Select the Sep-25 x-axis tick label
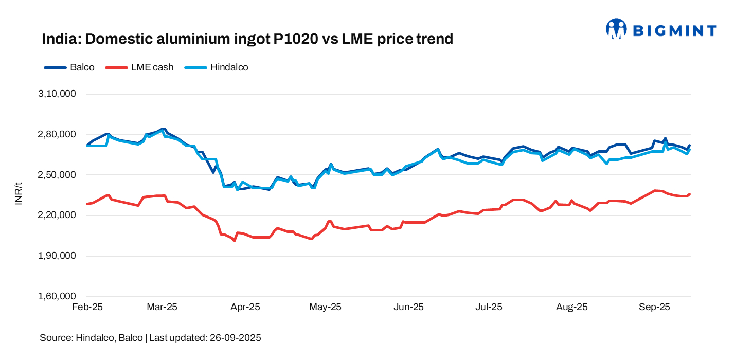[654, 307]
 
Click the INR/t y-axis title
[19, 194]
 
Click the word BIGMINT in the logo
[674, 30]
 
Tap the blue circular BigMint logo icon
[616, 29]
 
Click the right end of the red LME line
[689, 194]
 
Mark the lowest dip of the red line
[235, 240]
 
